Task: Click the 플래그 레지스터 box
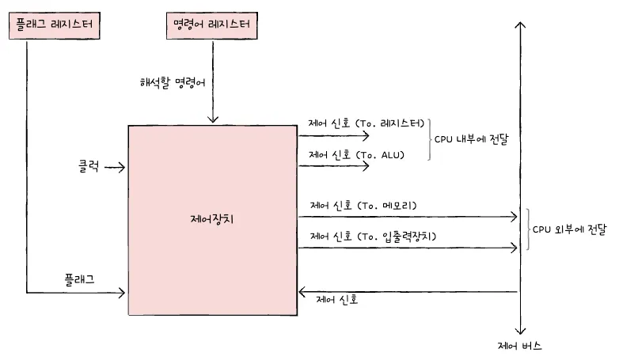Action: tap(54, 25)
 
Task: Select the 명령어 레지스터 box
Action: tap(211, 25)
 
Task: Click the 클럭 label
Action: tap(89, 167)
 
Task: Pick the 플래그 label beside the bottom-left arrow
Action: tap(82, 279)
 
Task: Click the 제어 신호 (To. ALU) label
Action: tap(356, 154)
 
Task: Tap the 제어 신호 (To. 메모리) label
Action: tap(363, 206)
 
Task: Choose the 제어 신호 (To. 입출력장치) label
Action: tap(373, 236)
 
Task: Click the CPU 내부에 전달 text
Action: tap(471, 138)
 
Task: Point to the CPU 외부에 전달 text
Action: tap(568, 229)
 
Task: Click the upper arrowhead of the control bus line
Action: tap(520, 25)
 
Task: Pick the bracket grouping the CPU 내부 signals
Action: tap(430, 139)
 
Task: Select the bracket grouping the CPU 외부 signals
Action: tap(526, 229)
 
